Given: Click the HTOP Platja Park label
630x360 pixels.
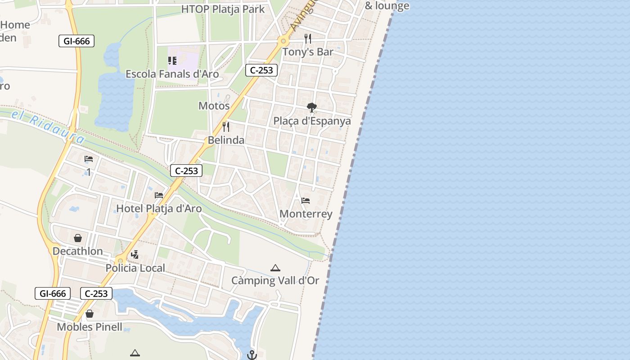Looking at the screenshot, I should (x=223, y=9).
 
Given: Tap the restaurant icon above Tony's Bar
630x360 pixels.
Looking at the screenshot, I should (x=308, y=39).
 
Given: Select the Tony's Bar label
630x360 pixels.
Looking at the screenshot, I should (x=308, y=52).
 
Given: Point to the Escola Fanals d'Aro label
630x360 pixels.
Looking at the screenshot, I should (x=172, y=74).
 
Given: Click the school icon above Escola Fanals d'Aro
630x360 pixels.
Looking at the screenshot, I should (x=172, y=61).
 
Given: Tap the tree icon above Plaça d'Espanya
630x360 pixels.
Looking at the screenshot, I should (x=311, y=108).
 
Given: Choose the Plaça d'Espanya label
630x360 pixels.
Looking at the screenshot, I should (x=312, y=121).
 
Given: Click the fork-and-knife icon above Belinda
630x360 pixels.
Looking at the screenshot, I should (x=226, y=127).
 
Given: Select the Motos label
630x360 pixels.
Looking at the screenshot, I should (x=214, y=106).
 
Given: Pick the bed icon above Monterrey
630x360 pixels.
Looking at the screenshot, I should (x=306, y=201).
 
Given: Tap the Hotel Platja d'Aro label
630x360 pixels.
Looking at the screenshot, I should (x=159, y=208).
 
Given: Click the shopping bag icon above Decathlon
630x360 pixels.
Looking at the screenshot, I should (x=78, y=238).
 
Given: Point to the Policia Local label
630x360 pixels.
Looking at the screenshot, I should (x=135, y=268).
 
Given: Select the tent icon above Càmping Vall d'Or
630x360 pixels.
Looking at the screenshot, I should (x=275, y=268).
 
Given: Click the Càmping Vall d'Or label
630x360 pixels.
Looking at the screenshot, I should (x=275, y=280).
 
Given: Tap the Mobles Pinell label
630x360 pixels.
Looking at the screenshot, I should (x=90, y=327).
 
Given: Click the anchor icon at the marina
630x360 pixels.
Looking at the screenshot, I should (x=252, y=355).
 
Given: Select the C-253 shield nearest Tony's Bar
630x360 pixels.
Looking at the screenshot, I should (x=261, y=70).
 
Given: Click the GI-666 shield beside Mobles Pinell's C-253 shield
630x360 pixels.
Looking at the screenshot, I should (x=53, y=293).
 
